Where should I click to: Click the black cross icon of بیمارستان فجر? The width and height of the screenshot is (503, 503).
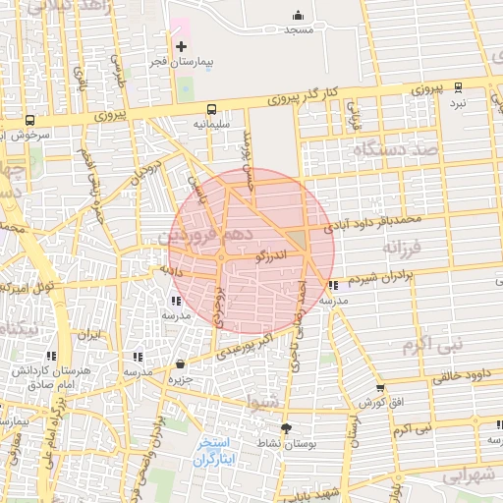pos(181,46)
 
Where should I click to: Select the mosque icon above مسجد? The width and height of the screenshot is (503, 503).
pos(299,16)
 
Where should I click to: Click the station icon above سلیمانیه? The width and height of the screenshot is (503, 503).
pos(211,110)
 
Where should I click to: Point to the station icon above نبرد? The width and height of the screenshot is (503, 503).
pos(457,87)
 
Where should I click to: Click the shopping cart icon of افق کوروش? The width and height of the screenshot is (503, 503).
pos(379,389)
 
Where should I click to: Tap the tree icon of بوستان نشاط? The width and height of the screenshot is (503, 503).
pos(286,428)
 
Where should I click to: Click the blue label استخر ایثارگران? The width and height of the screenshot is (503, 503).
pos(213,452)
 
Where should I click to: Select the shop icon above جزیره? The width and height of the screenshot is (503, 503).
pos(179,364)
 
